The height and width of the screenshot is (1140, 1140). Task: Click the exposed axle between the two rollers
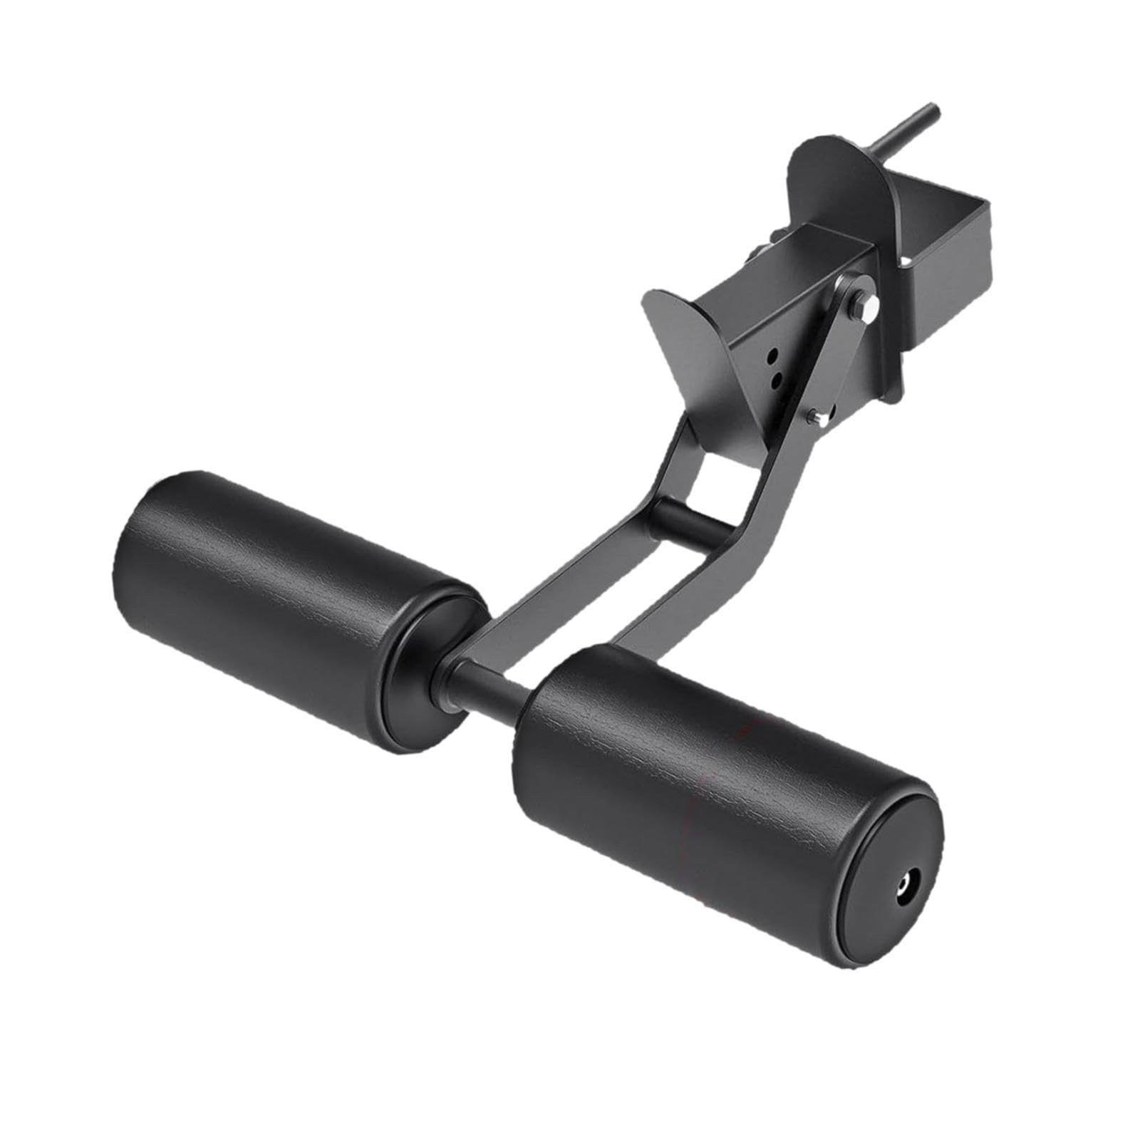(x=492, y=688)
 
